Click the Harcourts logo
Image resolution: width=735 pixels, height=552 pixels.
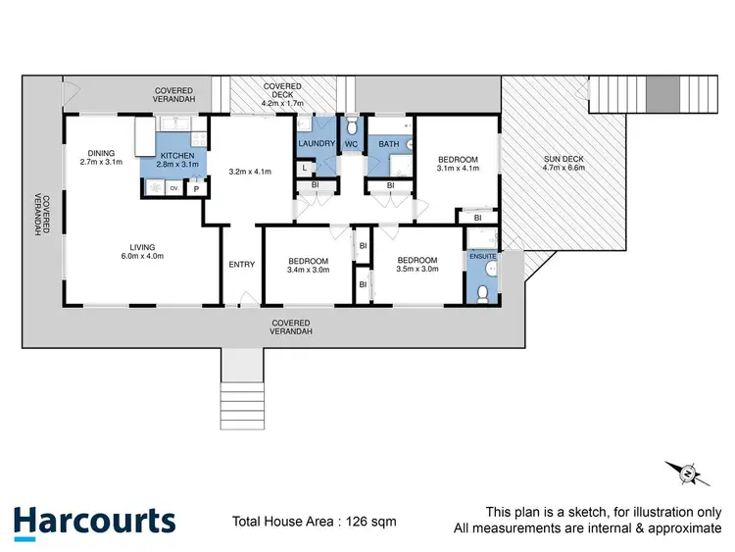coord(95,521)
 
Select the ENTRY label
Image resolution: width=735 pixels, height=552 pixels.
coord(241,263)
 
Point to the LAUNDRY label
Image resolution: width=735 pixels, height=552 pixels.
coord(317,144)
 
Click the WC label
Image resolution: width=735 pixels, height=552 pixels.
coord(351,144)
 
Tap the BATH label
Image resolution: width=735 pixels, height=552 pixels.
coord(389,144)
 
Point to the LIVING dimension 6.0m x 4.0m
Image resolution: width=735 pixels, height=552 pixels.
coord(143,257)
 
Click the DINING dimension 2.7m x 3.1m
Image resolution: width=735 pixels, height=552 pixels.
coord(101,163)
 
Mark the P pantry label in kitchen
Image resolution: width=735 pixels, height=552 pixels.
coord(196,188)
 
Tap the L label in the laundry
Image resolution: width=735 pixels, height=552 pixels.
coord(306,168)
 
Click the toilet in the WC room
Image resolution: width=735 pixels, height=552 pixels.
coord(351,125)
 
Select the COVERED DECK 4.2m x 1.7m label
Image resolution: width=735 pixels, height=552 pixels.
coord(282,94)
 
